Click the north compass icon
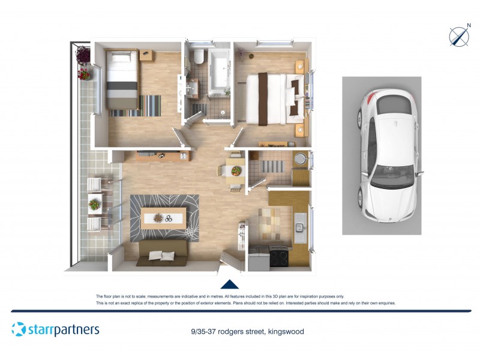(459, 37)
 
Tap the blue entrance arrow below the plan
(230, 284)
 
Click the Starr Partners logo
(55, 329)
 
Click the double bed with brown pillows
(277, 95)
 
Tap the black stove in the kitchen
(280, 256)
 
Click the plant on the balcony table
(94, 205)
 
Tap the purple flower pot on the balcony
(83, 55)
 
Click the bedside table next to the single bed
(148, 55)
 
